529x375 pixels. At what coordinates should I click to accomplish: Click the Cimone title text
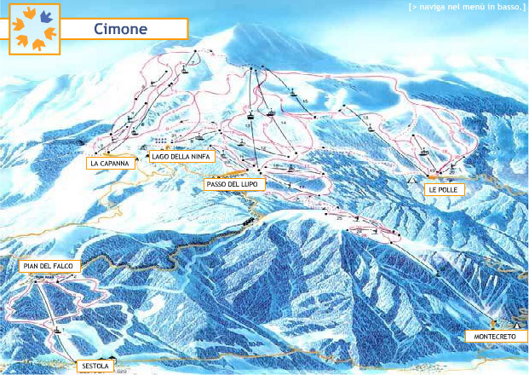tap(121, 28)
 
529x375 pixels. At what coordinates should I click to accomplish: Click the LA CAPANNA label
tap(112, 163)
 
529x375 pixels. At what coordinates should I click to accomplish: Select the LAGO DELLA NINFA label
tap(182, 156)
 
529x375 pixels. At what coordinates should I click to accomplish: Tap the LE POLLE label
tap(444, 190)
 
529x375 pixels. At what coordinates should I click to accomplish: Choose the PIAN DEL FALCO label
tap(49, 267)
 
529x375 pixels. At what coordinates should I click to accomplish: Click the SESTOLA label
tap(94, 366)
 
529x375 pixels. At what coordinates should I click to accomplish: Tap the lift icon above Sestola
tap(59, 327)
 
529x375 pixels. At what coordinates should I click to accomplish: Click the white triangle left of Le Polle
tap(412, 181)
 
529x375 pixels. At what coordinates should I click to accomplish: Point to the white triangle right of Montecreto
tap(516, 326)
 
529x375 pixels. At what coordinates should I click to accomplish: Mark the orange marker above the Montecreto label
tap(494, 322)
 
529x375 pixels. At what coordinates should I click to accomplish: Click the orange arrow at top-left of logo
tap(21, 14)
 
